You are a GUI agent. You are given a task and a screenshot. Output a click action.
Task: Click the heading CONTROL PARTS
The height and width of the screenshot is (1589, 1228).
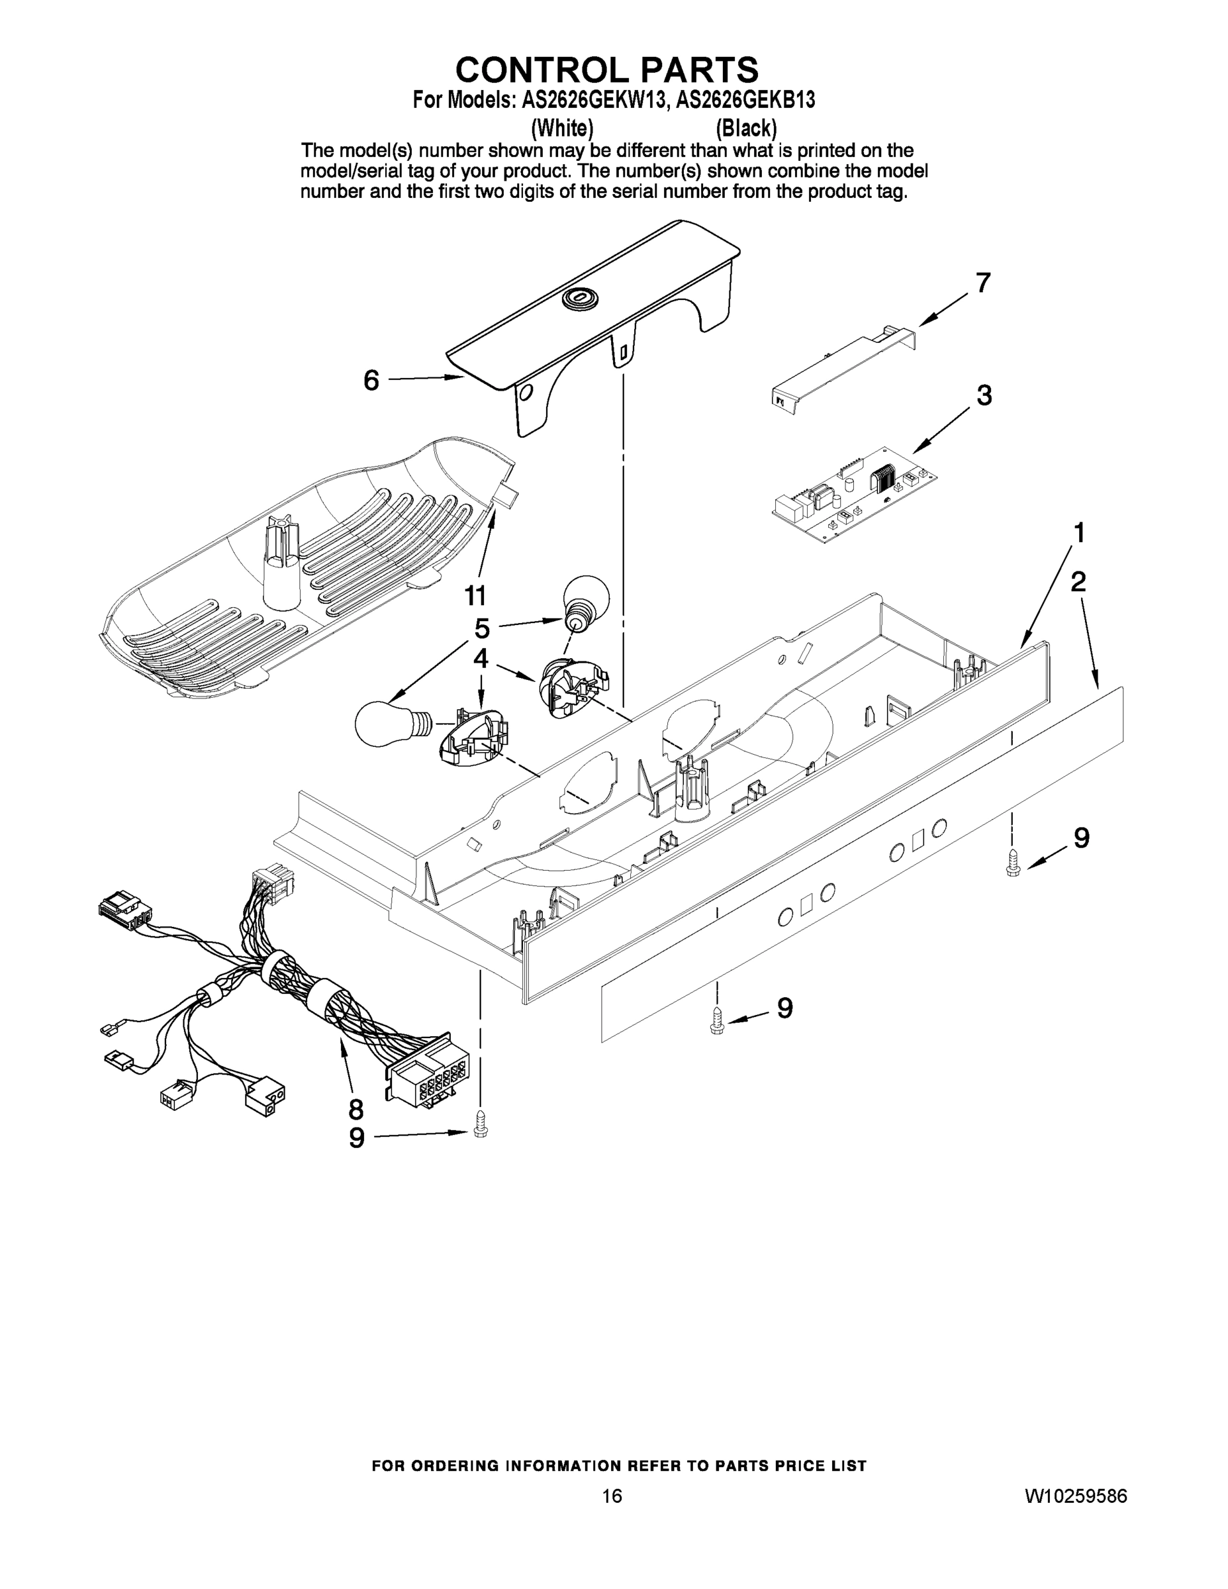(x=607, y=70)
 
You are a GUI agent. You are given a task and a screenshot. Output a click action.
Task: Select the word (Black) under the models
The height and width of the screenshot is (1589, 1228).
(x=745, y=129)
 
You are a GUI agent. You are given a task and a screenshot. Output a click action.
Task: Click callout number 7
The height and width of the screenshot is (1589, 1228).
(x=983, y=282)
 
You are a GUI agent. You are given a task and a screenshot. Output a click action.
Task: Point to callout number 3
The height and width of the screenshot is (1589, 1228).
(x=984, y=396)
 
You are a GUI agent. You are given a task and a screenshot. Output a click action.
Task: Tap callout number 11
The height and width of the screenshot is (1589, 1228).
(x=475, y=596)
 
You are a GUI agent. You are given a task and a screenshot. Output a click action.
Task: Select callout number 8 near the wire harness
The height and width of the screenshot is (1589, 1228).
(x=355, y=1109)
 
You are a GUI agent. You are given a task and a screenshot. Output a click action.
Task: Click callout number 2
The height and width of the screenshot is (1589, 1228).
(x=1078, y=581)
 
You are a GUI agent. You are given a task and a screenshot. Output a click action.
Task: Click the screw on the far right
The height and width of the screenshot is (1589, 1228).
(x=1012, y=863)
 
